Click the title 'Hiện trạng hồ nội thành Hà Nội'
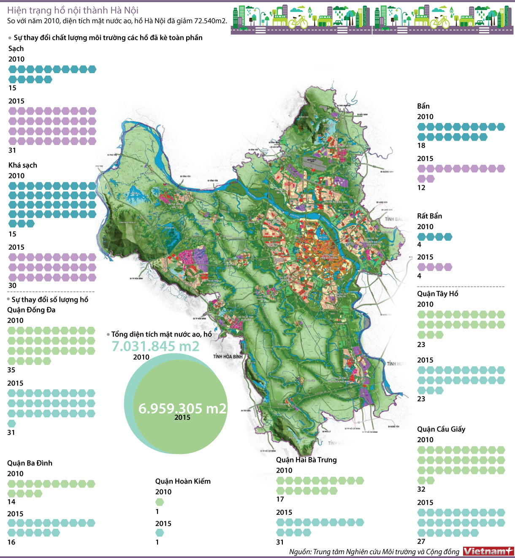tap(73, 10)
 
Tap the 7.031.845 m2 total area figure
tap(155, 346)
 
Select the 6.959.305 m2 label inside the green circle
tap(182, 408)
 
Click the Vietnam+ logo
tap(488, 551)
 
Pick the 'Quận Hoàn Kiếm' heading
tap(183, 481)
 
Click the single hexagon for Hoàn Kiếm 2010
tap(160, 502)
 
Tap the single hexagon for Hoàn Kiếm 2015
tap(160, 533)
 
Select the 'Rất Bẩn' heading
tap(429, 216)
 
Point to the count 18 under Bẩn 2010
tap(421, 145)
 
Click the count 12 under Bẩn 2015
tap(421, 188)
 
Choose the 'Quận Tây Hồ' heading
tap(437, 294)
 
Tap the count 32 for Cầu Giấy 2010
tap(421, 489)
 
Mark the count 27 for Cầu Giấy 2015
tap(421, 541)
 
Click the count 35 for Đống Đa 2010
tap(11, 370)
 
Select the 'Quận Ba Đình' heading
tap(30, 463)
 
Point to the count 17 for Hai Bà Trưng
tap(280, 499)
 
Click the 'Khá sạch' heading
tap(23, 165)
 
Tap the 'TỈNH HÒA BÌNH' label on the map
tap(228, 356)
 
